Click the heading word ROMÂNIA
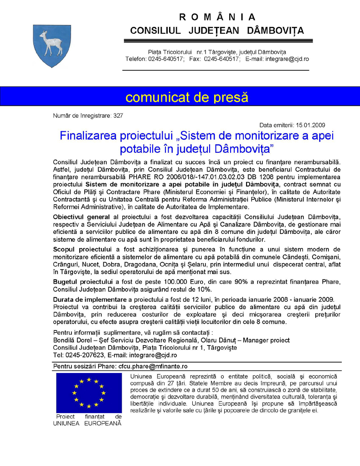pos(217,17)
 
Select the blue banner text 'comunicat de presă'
pos(187,97)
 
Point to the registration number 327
pos(118,116)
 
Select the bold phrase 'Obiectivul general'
pos(81,216)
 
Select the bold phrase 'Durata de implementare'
pos(90,299)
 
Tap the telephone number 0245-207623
pos(85,355)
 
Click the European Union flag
pos(89,393)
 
